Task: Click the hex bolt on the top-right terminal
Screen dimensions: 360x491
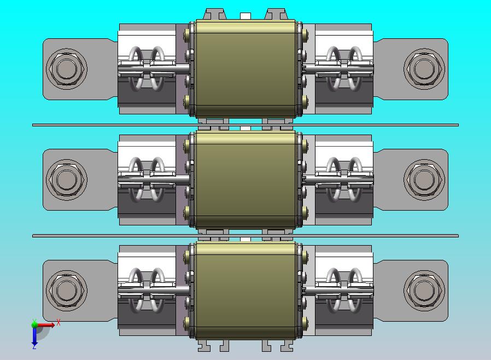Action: pos(423,68)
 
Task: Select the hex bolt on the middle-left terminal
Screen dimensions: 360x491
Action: pos(67,179)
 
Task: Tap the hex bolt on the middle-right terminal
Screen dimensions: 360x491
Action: pos(423,179)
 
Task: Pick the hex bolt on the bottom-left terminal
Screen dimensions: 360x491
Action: pos(67,289)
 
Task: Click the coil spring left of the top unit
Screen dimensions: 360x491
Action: pos(147,68)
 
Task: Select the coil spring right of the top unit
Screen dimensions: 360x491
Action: pos(344,68)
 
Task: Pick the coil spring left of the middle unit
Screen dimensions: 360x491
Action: pos(147,179)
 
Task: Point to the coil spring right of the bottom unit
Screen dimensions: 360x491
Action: pos(344,290)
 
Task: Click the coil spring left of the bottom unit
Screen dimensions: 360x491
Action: pos(147,290)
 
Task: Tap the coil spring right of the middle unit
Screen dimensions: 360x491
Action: pos(344,179)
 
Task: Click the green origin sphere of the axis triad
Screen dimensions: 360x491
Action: pos(34,324)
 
